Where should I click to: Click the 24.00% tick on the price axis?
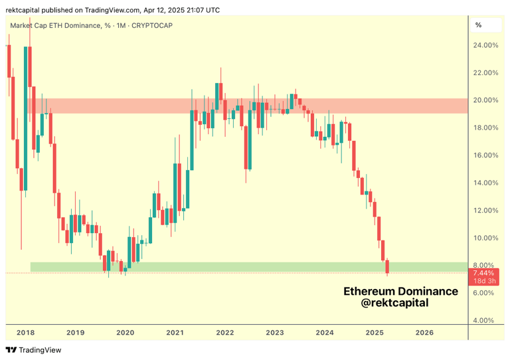[x=485, y=45]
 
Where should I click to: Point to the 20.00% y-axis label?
[x=485, y=100]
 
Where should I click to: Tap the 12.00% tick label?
[x=485, y=211]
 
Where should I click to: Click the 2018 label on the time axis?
[x=25, y=333]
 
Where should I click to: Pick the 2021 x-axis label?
[x=175, y=333]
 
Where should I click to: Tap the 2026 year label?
[x=424, y=333]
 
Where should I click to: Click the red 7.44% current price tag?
[x=483, y=273]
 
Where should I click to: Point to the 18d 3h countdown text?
[x=484, y=282]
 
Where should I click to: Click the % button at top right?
[x=479, y=25]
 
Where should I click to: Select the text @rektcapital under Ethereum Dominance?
[x=394, y=303]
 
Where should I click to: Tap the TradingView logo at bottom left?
[x=33, y=350]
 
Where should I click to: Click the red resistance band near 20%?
[x=246, y=106]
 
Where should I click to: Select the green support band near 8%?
[x=246, y=267]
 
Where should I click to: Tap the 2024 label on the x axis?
[x=325, y=333]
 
